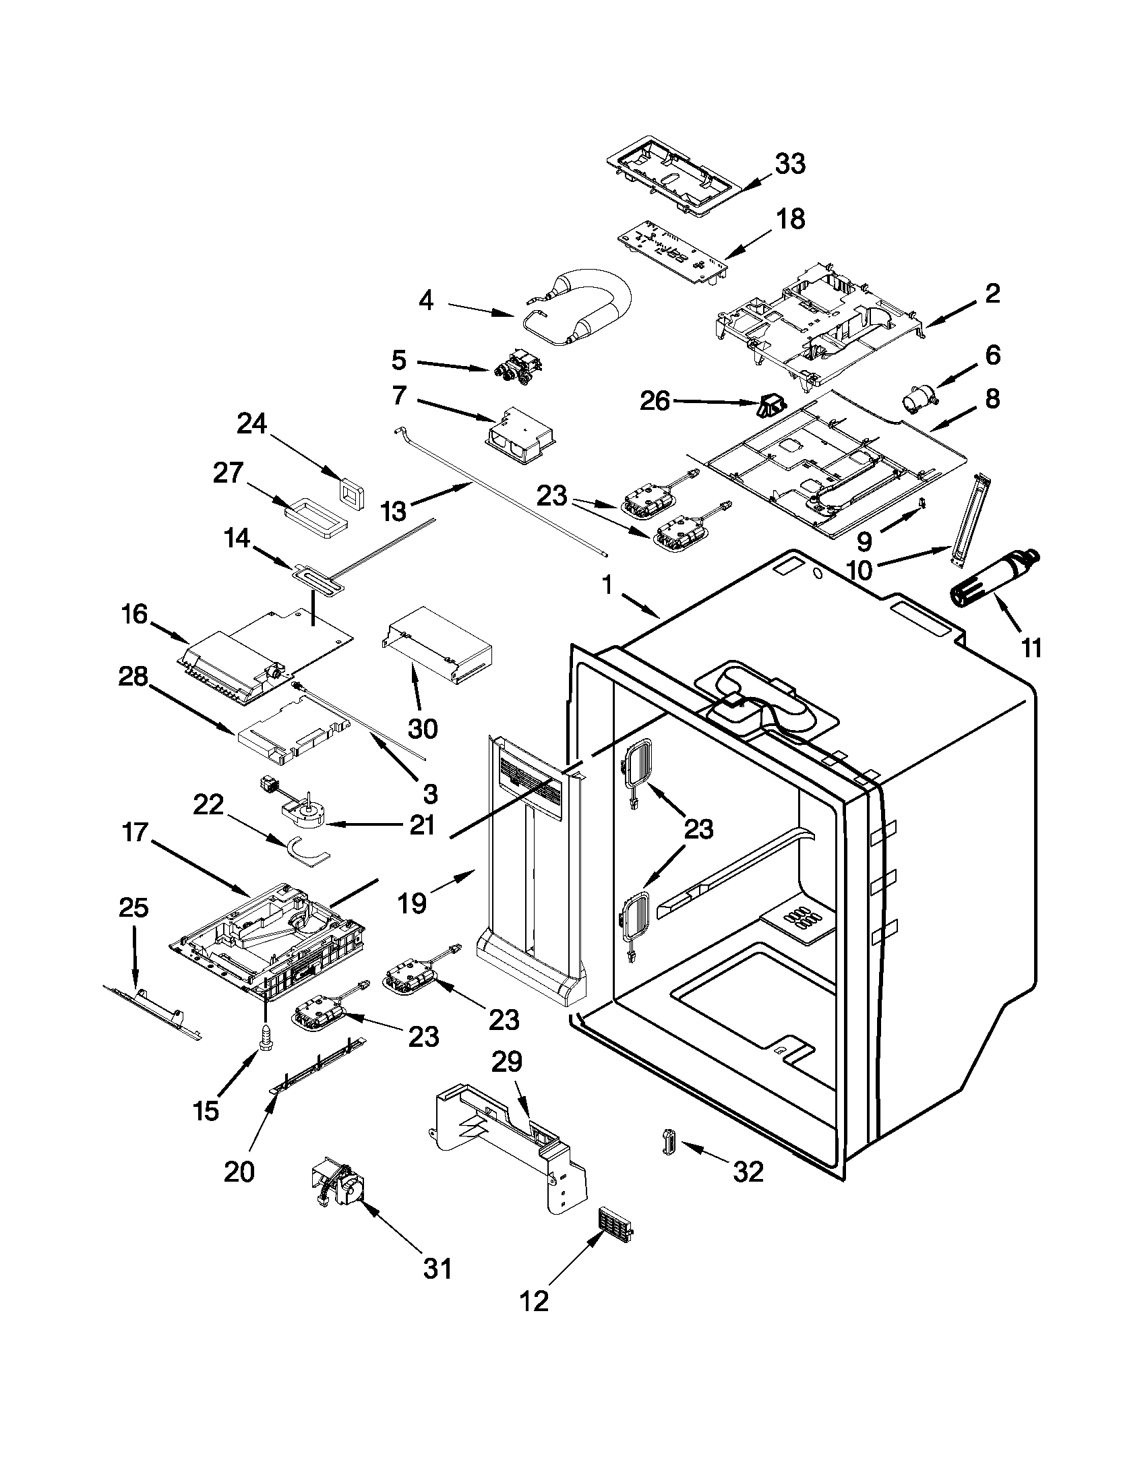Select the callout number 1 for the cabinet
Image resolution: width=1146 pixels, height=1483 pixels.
pyautogui.click(x=607, y=584)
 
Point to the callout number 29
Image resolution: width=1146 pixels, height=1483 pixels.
pyautogui.click(x=506, y=1060)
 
